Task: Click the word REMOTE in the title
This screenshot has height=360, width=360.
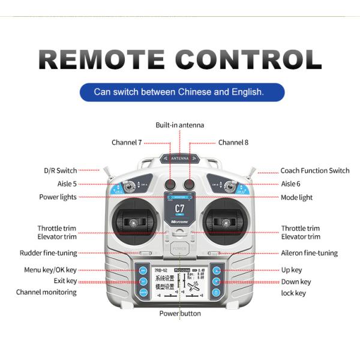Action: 101,60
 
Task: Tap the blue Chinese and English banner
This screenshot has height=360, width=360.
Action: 179,92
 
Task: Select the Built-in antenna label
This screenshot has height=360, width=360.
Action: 180,125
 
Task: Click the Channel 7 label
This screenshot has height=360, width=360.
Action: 127,143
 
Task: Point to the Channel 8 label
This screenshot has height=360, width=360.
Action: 233,143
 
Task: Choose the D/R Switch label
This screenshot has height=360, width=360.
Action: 60,171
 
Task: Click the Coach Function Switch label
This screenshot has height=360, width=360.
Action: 315,171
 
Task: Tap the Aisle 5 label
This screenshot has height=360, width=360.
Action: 67,184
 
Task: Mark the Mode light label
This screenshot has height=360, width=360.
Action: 297,197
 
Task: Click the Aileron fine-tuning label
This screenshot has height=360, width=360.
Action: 310,253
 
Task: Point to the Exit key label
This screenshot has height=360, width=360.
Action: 65,281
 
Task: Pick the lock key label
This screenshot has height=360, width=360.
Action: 293,293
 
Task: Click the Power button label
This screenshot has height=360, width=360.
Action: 180,314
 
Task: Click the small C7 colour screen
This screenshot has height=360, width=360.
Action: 179,209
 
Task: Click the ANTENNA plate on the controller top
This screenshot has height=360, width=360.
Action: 180,159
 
